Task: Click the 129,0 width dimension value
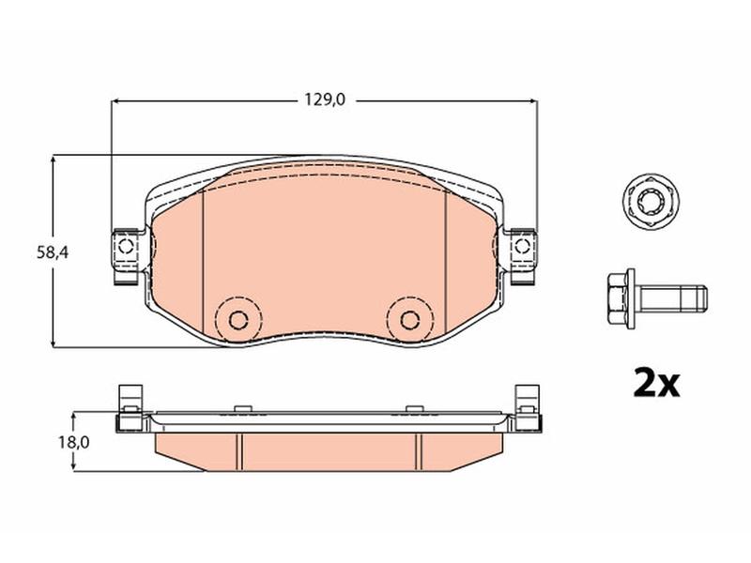click(325, 100)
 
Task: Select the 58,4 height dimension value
click(53, 252)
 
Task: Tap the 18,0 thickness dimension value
click(74, 442)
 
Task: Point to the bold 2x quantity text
click(656, 383)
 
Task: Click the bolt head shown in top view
click(651, 202)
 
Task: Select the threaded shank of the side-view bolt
click(671, 297)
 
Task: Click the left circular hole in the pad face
click(238, 319)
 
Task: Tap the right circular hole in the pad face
click(409, 319)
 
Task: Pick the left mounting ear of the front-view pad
click(127, 256)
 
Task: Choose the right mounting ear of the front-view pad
click(522, 256)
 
